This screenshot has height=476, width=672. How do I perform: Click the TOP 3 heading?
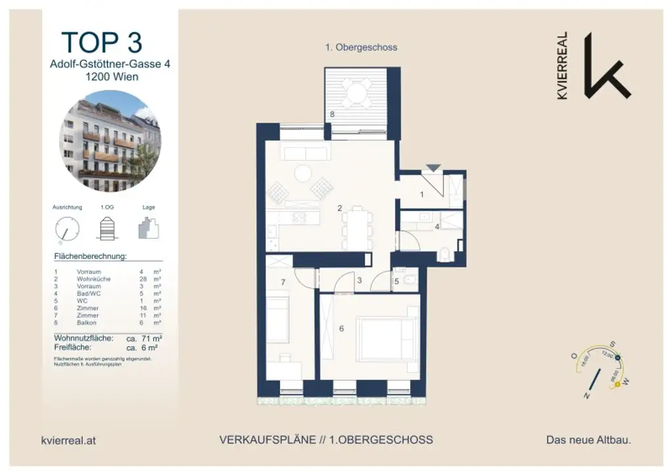pos(102,42)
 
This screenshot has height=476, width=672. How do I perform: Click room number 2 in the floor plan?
pos(339,208)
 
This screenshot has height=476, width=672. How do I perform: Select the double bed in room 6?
pos(387,339)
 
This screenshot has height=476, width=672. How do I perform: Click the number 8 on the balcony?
pos(333,114)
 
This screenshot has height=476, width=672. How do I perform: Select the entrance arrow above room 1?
pos(431,169)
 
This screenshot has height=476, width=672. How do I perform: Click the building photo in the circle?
pos(110,141)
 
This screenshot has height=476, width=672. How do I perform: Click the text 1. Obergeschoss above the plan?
pos(361,47)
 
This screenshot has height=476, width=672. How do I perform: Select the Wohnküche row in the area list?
pos(108,279)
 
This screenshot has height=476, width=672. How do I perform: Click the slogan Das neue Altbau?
pos(588,441)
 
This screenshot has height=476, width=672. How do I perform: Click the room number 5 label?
pos(396,283)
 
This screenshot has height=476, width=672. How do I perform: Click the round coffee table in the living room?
pos(303,173)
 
